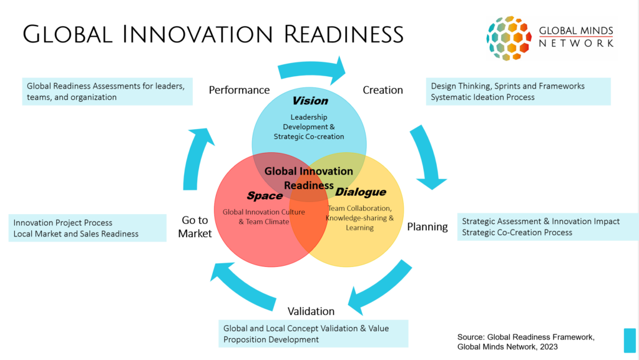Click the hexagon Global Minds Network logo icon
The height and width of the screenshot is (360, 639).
[x=509, y=38]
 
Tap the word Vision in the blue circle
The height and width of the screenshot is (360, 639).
[x=310, y=100]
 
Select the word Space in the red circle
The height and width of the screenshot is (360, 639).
[x=265, y=196]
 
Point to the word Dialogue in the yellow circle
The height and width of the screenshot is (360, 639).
[x=361, y=192]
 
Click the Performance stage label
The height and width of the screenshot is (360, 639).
[x=239, y=90]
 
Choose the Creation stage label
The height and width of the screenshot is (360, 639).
[x=383, y=90]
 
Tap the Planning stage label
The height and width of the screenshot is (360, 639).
[x=427, y=227]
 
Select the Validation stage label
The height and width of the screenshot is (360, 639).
[x=311, y=311]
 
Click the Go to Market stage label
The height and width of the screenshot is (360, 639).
[x=195, y=227]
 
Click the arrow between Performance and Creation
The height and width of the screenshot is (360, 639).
[x=312, y=69]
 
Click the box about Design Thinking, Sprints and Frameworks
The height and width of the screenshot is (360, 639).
[x=519, y=92]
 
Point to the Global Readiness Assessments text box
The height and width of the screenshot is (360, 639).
[x=107, y=92]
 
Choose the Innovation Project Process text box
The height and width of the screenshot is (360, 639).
[x=87, y=228]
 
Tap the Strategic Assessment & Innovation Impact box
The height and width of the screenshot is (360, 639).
[x=548, y=227]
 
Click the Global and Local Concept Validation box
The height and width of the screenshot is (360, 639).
[x=313, y=334]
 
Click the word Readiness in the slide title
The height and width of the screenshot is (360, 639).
[x=344, y=34]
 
